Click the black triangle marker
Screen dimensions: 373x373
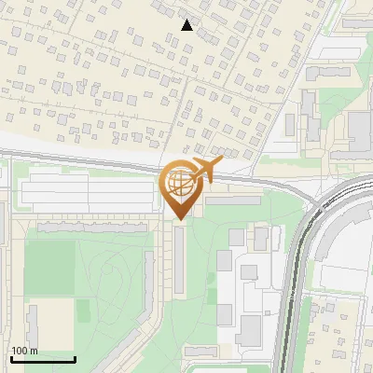point(187,25)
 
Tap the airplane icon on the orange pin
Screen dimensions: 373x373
point(205,170)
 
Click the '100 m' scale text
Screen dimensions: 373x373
point(24,351)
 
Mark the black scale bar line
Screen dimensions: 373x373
point(43,359)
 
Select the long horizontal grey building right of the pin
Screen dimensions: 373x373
point(233,200)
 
